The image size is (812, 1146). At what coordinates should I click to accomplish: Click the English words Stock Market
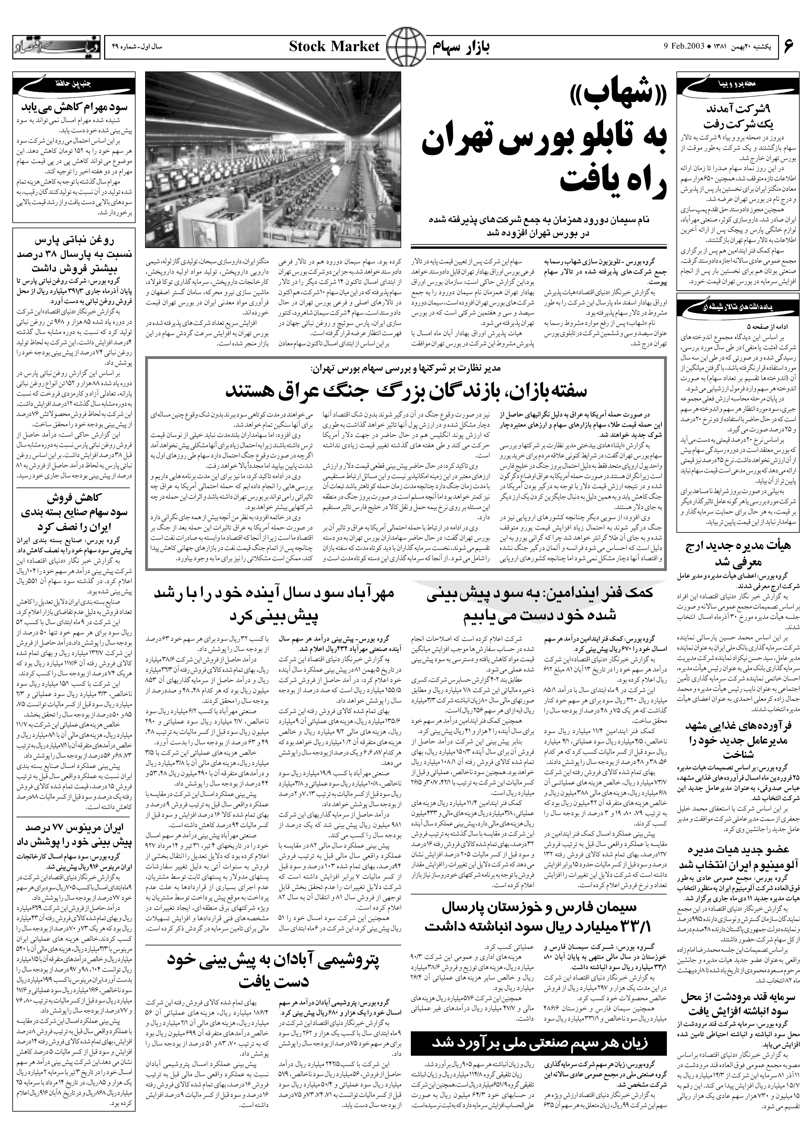pyautogui.click(x=335, y=47)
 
